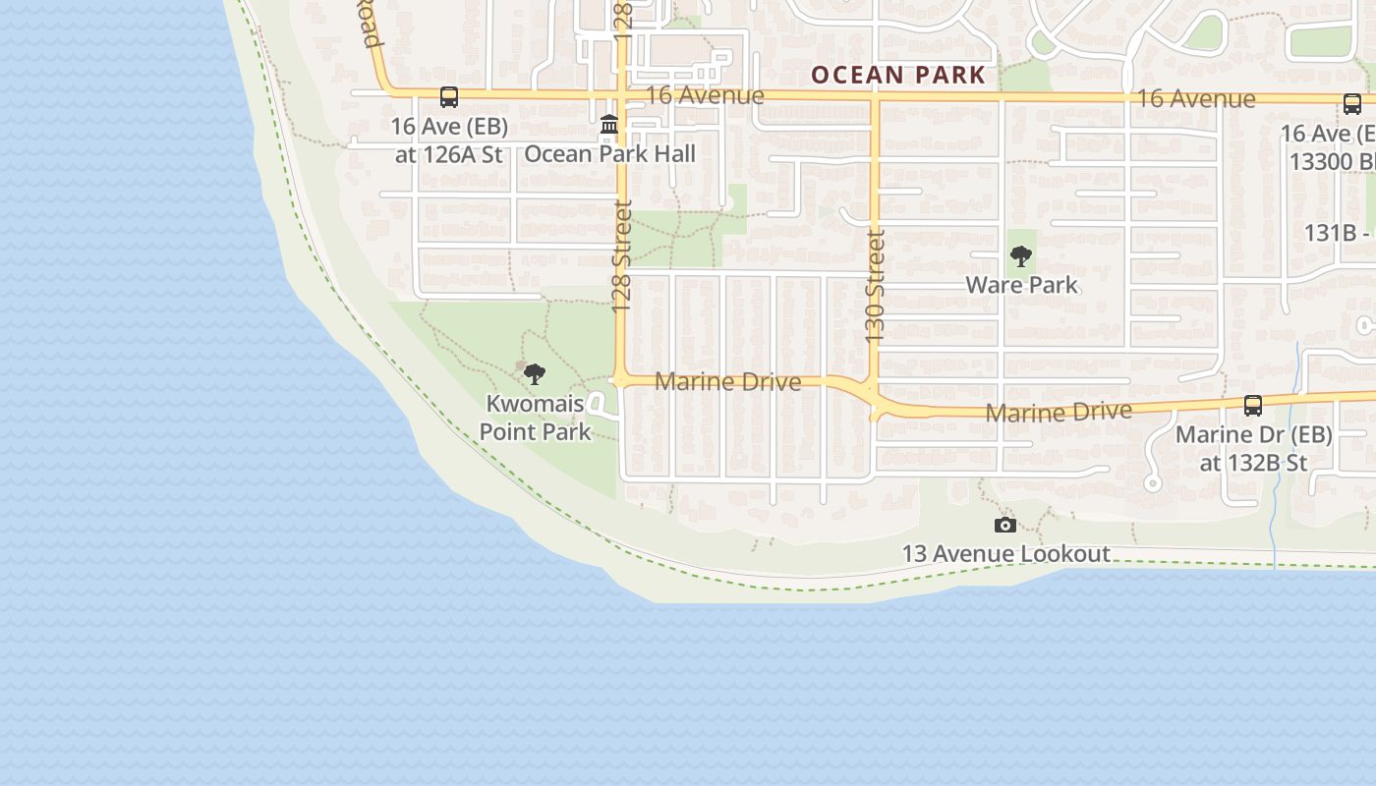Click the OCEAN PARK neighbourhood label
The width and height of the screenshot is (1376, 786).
coord(897,75)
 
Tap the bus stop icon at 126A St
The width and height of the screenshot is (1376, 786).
coord(449,97)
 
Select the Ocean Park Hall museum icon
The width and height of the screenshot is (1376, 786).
coord(609,125)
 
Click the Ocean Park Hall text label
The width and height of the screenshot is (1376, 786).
coord(609,153)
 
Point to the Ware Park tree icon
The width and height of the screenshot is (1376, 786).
coord(1021,257)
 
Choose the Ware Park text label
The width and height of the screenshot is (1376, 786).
coord(1021,285)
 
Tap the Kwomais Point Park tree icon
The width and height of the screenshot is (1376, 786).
coord(535,373)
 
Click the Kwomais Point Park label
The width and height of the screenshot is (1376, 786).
coord(535,418)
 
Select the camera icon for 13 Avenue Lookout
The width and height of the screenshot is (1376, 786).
coord(1004,526)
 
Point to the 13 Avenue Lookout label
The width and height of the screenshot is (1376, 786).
coord(1005,554)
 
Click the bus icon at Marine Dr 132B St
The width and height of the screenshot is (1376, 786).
coord(1253,405)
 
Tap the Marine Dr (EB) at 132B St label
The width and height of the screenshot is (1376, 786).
coord(1253,448)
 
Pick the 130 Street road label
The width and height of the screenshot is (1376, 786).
coord(875,286)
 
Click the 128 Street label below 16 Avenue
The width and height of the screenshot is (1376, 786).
coord(622,257)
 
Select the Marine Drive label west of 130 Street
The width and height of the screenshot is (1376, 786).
coord(727,381)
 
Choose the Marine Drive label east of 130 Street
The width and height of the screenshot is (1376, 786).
coord(1058,412)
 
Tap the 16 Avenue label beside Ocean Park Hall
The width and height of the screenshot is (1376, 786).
coord(705,95)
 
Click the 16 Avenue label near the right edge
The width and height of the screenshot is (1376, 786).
coord(1195,98)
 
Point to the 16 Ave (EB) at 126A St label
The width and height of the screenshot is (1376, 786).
coord(448,140)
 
